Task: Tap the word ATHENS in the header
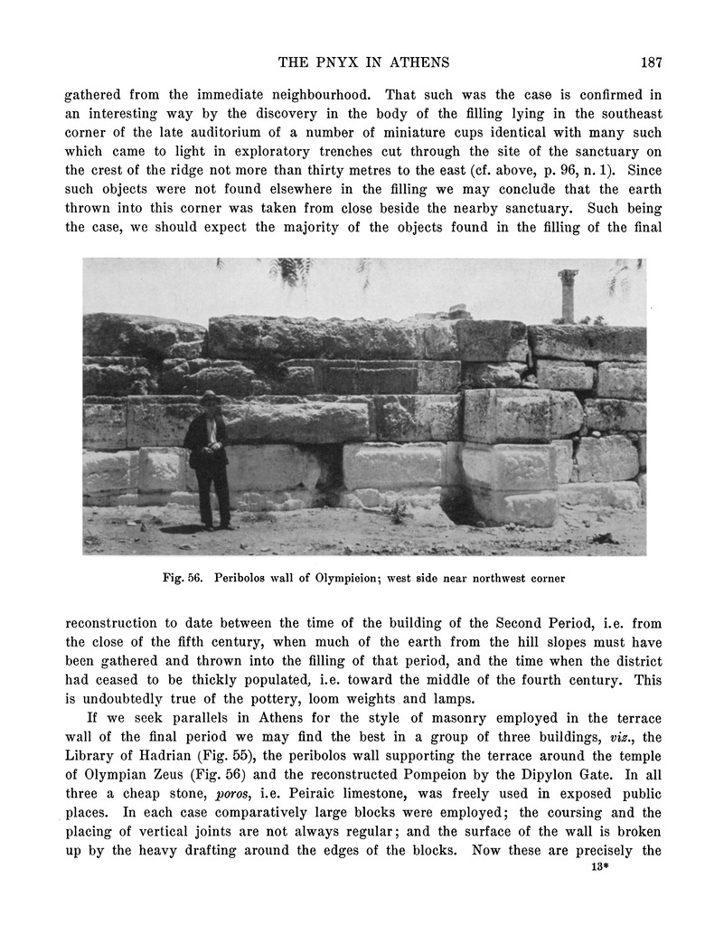[x=418, y=62]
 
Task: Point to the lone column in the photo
[x=567, y=296]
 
